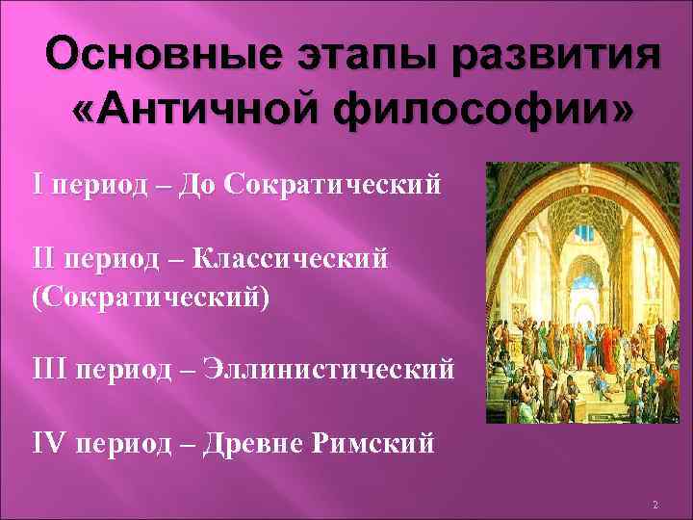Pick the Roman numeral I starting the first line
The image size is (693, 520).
point(38,182)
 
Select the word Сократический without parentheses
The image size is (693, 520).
point(332,182)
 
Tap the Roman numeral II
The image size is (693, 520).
point(43,257)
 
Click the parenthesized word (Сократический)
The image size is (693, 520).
point(151,294)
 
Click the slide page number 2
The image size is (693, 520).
point(654,505)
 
